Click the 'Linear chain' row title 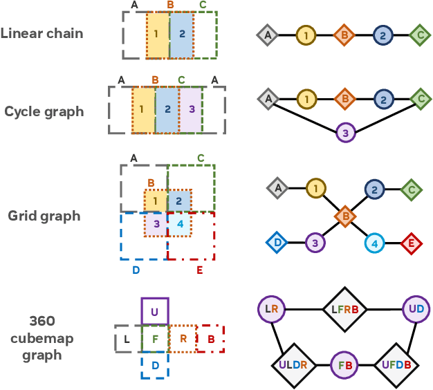42,33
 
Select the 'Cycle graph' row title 44,111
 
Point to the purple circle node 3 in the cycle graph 345,131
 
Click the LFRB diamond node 345,308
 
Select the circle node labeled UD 416,308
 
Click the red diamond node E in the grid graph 411,243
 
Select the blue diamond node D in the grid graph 277,243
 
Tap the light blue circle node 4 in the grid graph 374,243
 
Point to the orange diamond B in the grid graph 344,216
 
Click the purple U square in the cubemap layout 154,311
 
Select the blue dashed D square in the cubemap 154,365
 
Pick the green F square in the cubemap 154,339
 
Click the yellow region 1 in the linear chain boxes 157,35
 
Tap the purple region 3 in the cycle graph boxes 191,109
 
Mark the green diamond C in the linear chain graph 419,34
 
